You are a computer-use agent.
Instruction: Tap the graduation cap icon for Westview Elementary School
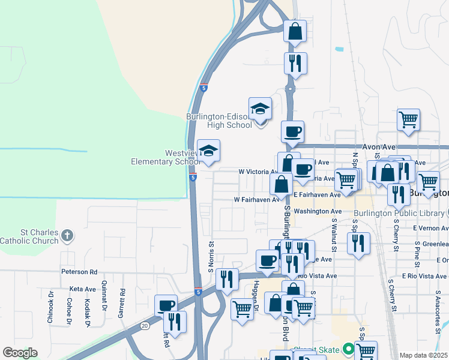pos(208,151)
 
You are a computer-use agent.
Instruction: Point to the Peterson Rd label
pos(79,272)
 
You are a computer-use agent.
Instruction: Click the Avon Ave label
pos(379,147)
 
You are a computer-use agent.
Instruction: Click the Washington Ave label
pos(318,211)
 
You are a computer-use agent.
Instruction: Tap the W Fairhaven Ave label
pos(257,200)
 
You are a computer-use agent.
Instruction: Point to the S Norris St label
pos(211,255)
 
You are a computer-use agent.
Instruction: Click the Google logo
pos(20,353)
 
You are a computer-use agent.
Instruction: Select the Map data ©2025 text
pos(423,355)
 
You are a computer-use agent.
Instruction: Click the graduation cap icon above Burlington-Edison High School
pos(260,109)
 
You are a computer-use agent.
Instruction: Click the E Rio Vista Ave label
pos(424,276)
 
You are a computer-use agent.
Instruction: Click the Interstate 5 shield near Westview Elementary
pos(193,178)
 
